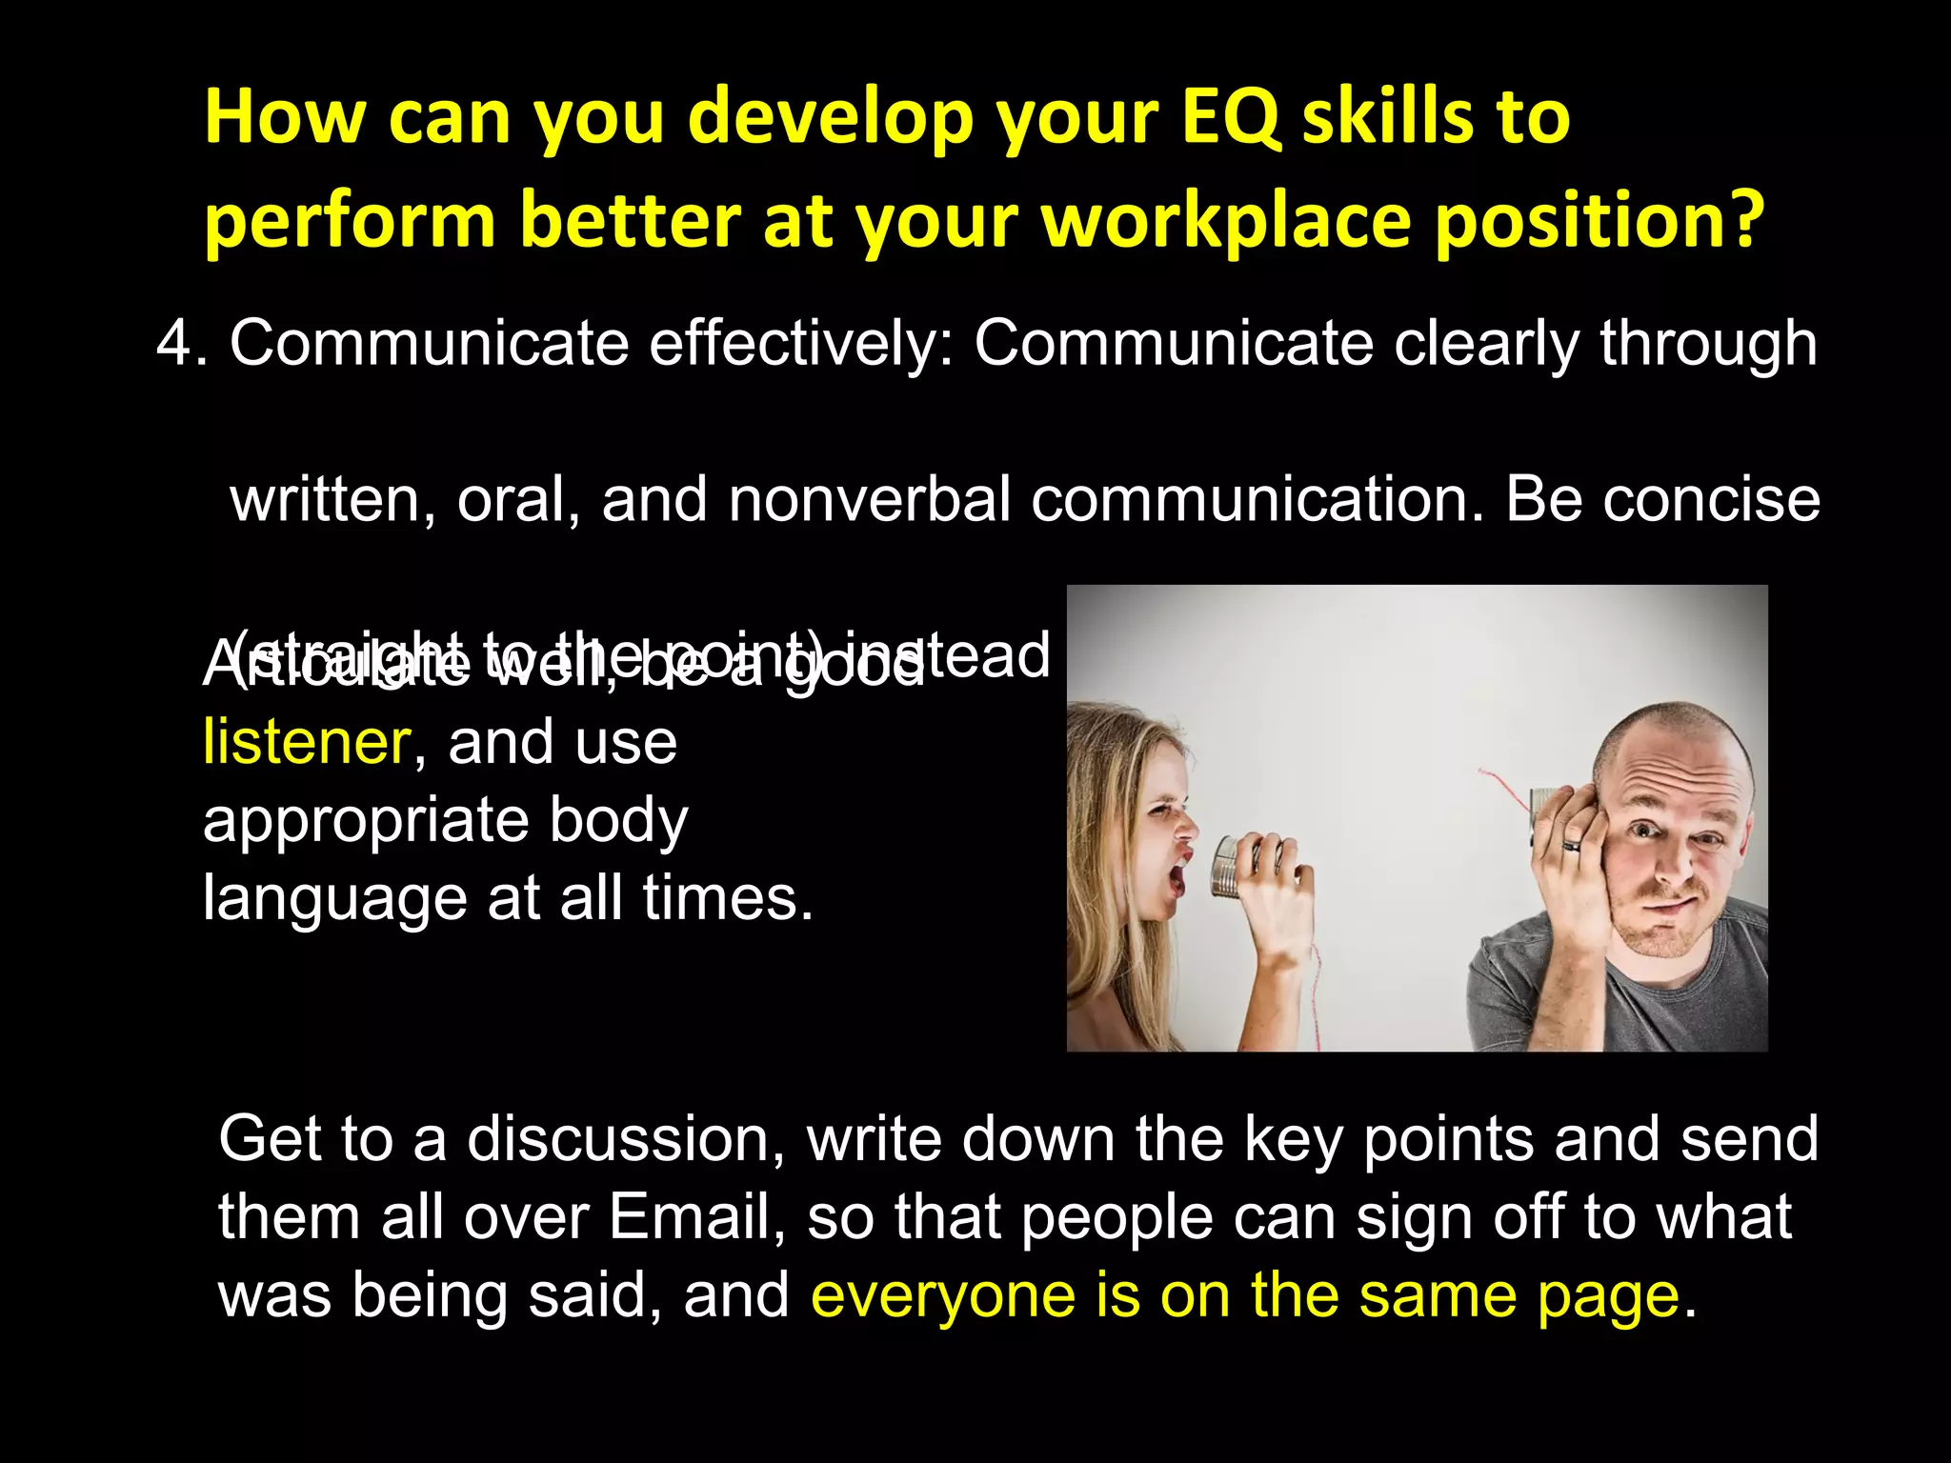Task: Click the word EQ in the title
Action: click(x=1231, y=118)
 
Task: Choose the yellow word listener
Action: click(x=307, y=743)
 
